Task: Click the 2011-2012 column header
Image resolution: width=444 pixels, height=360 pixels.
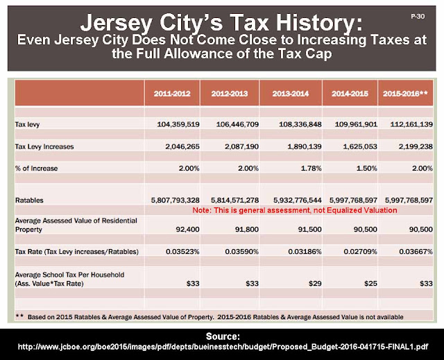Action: (172, 94)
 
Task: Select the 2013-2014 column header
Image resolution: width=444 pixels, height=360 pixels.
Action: (291, 94)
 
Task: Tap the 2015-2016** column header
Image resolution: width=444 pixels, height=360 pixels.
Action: (405, 94)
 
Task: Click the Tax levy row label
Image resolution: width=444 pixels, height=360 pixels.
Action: (27, 125)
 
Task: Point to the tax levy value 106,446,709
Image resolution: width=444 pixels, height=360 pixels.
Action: (237, 124)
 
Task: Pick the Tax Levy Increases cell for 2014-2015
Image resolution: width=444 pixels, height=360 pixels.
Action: (360, 146)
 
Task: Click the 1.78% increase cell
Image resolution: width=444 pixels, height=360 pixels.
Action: (311, 169)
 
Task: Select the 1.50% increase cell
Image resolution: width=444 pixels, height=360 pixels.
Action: (367, 169)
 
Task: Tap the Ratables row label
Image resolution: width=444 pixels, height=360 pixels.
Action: (29, 200)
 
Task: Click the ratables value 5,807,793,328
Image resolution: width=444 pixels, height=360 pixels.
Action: (176, 200)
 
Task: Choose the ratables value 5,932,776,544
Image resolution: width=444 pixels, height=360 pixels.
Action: (298, 200)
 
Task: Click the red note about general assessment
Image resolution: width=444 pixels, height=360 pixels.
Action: (294, 210)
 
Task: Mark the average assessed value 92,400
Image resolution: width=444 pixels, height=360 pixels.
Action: (187, 229)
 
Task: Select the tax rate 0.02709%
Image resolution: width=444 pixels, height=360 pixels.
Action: (361, 252)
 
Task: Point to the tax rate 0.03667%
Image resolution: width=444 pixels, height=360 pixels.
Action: (416, 252)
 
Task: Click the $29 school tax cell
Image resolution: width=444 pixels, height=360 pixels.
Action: (315, 283)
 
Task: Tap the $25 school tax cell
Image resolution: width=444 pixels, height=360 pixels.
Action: (370, 283)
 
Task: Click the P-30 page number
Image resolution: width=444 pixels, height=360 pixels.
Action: (418, 17)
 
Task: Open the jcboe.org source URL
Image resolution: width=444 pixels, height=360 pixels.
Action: (223, 347)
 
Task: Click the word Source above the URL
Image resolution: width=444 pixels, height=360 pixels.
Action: (223, 336)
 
